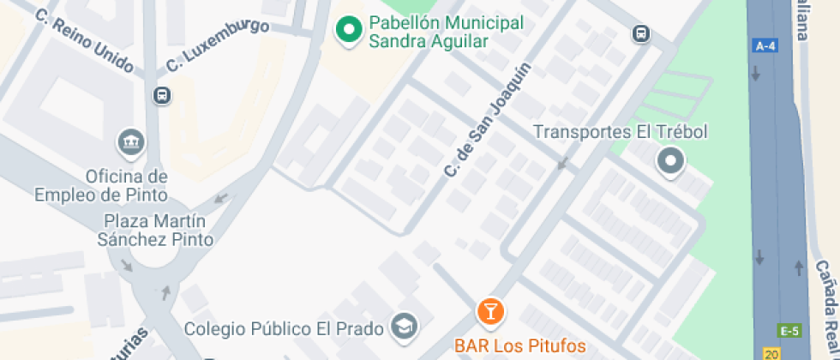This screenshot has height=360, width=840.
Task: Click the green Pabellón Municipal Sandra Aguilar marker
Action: (348, 30)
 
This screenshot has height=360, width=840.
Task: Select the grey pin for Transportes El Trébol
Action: (670, 161)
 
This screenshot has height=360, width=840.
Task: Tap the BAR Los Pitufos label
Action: (520, 346)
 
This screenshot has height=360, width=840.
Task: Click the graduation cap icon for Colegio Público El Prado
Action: (403, 325)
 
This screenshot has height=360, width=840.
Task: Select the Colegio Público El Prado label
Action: (287, 328)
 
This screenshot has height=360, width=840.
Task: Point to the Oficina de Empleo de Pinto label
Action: (101, 185)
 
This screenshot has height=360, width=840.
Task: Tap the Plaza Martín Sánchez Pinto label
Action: (158, 231)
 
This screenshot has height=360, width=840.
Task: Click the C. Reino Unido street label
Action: (84, 40)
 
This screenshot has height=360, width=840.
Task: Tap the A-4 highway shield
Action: (766, 46)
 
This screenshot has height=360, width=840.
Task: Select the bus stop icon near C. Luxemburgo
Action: (161, 95)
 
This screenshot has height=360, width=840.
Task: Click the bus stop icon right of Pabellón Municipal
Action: (639, 33)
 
